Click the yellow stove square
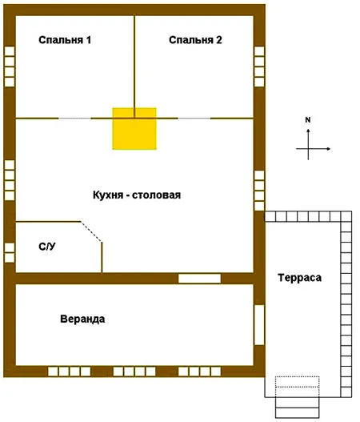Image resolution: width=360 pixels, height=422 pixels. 134,129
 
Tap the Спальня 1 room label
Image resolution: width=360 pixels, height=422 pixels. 65,40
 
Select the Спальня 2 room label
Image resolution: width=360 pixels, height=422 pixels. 195,40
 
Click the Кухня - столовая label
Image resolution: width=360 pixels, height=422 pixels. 137,195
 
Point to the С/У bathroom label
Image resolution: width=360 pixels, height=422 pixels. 47,247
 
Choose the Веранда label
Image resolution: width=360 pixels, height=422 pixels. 82,319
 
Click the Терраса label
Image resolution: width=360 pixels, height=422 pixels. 299,278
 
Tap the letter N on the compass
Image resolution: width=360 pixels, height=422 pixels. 308,120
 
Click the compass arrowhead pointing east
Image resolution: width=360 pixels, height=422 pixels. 328,149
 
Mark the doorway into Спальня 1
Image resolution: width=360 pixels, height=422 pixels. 74,119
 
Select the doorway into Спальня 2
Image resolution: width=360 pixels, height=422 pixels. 194,119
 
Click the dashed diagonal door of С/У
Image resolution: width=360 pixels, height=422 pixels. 91,231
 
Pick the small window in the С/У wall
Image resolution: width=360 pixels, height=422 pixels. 10,253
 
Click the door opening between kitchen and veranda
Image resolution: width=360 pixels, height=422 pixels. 199,279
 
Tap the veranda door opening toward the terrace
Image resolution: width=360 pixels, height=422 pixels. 259,325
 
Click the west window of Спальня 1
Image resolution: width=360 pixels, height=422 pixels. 10,66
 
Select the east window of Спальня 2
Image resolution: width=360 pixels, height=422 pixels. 259,66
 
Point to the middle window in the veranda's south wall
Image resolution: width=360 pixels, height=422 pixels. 134,372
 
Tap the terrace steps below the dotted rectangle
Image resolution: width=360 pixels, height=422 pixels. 298,408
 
